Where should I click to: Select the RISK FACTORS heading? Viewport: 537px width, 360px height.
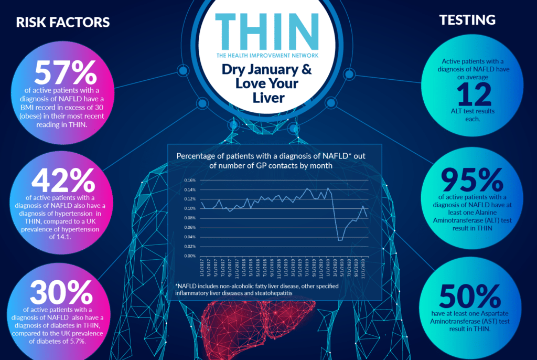tap(63, 23)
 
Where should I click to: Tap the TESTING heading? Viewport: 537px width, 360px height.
tap(467, 20)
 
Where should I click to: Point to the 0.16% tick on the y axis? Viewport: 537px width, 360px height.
tap(189, 180)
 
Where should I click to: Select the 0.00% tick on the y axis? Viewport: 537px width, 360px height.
tap(189, 256)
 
